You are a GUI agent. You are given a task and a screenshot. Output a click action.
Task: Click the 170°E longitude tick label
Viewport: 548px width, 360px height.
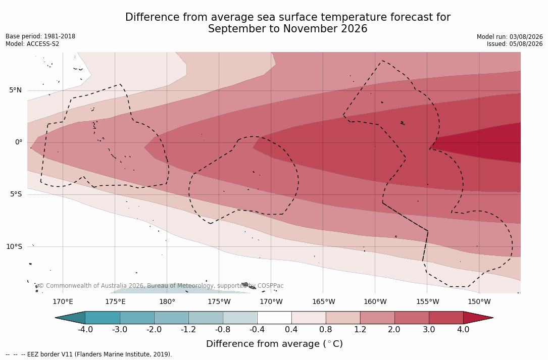click(x=63, y=301)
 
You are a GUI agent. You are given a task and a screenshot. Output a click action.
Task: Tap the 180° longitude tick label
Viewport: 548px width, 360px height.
click(x=167, y=301)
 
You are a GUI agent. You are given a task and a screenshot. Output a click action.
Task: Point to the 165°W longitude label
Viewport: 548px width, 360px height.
click(x=323, y=301)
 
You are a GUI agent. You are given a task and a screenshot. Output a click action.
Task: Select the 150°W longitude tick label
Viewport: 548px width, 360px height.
click(x=479, y=301)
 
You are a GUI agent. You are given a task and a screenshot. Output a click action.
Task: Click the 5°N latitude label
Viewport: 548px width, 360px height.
click(x=15, y=90)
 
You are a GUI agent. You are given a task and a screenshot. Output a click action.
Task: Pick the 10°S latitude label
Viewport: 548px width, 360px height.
click(x=14, y=247)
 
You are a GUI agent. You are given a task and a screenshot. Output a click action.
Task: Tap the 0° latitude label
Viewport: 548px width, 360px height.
click(x=19, y=142)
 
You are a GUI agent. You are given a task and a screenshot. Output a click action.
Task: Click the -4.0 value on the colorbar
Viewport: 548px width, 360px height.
click(x=85, y=330)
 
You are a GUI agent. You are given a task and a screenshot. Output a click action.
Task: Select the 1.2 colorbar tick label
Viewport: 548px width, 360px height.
click(x=360, y=330)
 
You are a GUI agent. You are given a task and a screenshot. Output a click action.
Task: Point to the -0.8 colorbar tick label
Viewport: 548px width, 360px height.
click(x=223, y=330)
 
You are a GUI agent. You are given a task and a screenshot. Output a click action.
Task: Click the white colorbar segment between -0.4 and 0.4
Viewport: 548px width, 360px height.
click(x=274, y=318)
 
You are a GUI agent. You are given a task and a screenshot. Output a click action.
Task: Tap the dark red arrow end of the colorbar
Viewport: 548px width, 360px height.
click(x=478, y=318)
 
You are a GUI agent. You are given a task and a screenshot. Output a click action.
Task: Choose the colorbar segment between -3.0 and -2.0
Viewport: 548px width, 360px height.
click(x=137, y=318)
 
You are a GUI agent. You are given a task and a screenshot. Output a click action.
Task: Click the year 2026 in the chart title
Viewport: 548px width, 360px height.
click(x=354, y=29)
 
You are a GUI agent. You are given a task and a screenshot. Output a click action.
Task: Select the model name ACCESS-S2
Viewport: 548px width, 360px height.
click(x=43, y=44)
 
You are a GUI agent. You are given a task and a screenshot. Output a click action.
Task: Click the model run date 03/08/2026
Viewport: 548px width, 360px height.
click(x=526, y=37)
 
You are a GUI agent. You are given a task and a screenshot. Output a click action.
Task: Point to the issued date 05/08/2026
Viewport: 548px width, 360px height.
click(x=526, y=44)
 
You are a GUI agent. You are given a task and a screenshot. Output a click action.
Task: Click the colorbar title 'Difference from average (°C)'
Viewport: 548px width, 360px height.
click(x=274, y=344)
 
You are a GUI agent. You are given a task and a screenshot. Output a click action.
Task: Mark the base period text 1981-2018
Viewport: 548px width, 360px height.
click(x=59, y=36)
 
